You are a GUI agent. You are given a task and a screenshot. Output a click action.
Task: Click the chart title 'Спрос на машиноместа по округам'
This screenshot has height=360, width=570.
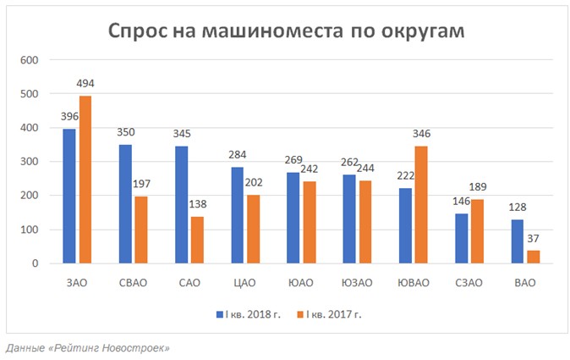(285, 30)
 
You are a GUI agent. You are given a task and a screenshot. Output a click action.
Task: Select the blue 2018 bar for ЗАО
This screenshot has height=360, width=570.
(69, 196)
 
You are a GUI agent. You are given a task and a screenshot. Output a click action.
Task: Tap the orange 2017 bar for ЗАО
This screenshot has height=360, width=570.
(85, 180)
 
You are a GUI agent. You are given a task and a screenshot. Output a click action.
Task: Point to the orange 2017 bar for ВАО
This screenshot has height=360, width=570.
(532, 257)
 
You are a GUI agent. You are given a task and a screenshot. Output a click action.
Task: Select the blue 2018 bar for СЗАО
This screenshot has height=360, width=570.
(460, 238)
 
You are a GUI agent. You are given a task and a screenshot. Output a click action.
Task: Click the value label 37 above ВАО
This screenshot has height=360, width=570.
(533, 241)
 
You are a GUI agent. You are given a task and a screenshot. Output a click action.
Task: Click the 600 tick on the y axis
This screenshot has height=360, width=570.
(30, 60)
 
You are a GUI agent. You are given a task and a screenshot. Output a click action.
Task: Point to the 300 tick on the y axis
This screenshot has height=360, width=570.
(30, 162)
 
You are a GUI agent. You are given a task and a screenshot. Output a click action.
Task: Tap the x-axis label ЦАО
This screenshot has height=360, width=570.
(245, 282)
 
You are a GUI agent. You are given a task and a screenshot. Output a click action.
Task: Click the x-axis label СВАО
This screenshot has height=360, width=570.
(133, 282)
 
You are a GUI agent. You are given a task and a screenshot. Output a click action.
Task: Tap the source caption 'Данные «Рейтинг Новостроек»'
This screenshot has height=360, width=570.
(88, 348)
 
